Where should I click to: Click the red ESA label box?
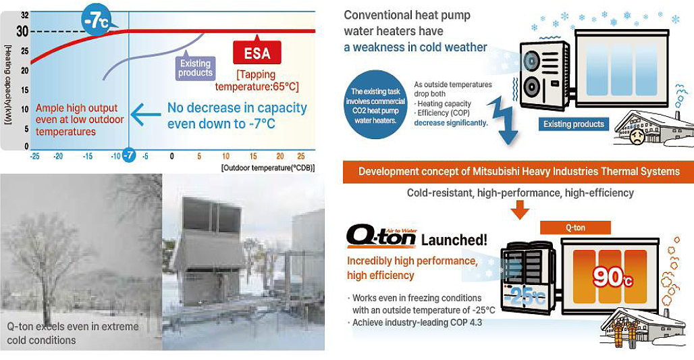257,53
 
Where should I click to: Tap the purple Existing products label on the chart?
195,68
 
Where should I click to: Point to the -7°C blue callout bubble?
97,21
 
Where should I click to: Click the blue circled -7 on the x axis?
128,155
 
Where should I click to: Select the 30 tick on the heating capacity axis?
22,31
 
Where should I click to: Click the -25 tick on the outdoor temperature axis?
34,156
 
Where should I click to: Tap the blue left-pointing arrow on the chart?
146,115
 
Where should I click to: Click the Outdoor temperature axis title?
268,168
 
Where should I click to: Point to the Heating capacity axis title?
7,84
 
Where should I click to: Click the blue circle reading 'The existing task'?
375,105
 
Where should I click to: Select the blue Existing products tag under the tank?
574,124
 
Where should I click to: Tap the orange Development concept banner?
518,172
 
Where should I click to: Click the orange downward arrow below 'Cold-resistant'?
520,209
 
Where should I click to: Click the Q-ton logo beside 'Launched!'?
381,236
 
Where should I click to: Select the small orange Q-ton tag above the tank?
575,228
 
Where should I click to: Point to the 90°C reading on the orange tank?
612,277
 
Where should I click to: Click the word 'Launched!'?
454,240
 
